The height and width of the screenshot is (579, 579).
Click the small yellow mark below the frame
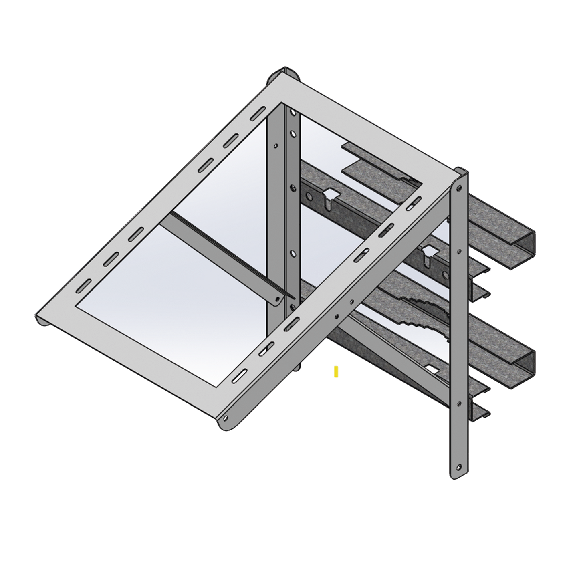[336, 371]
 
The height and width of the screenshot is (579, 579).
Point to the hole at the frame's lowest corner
[226, 418]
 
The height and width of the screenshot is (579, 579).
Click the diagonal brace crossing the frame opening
[224, 256]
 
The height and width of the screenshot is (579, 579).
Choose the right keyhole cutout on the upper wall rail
[428, 252]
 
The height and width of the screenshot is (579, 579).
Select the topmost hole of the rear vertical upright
[294, 131]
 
